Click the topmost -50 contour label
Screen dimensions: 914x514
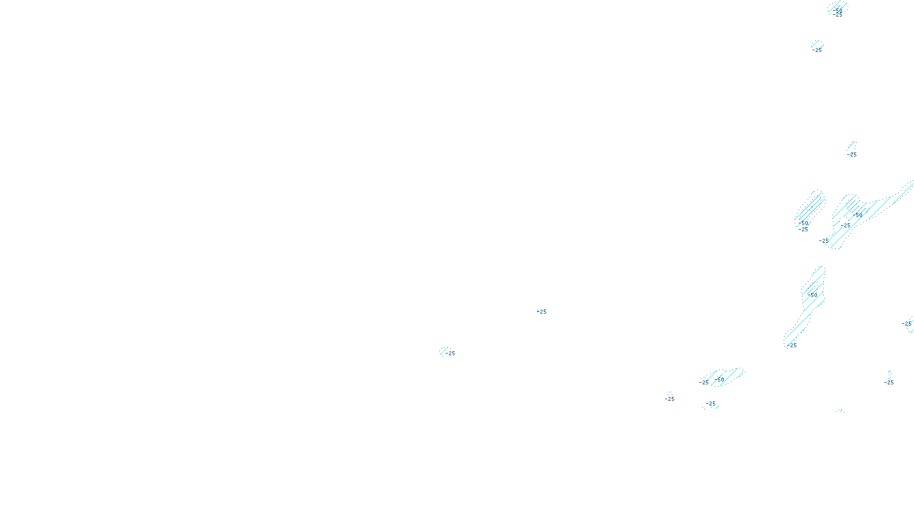pos(838,10)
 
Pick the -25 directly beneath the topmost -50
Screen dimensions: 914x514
pos(838,15)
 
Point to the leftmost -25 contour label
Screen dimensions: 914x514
pos(450,354)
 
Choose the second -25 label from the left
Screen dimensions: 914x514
pos(542,312)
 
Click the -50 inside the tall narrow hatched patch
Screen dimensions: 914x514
pos(813,295)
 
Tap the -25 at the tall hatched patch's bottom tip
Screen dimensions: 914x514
pos(792,346)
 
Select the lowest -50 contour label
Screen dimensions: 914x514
pos(720,379)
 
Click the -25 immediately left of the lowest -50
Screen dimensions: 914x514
pos(704,383)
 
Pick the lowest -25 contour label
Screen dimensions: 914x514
pos(711,404)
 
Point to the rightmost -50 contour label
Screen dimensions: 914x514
pos(859,215)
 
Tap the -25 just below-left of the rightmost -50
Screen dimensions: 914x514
pos(846,226)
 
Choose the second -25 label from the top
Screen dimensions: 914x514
pos(817,50)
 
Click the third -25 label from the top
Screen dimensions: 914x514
pos(852,155)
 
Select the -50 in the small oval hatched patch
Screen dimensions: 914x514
pos(804,224)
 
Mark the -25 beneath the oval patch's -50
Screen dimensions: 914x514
pos(804,230)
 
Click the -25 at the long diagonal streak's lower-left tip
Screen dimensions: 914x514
pos(824,241)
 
